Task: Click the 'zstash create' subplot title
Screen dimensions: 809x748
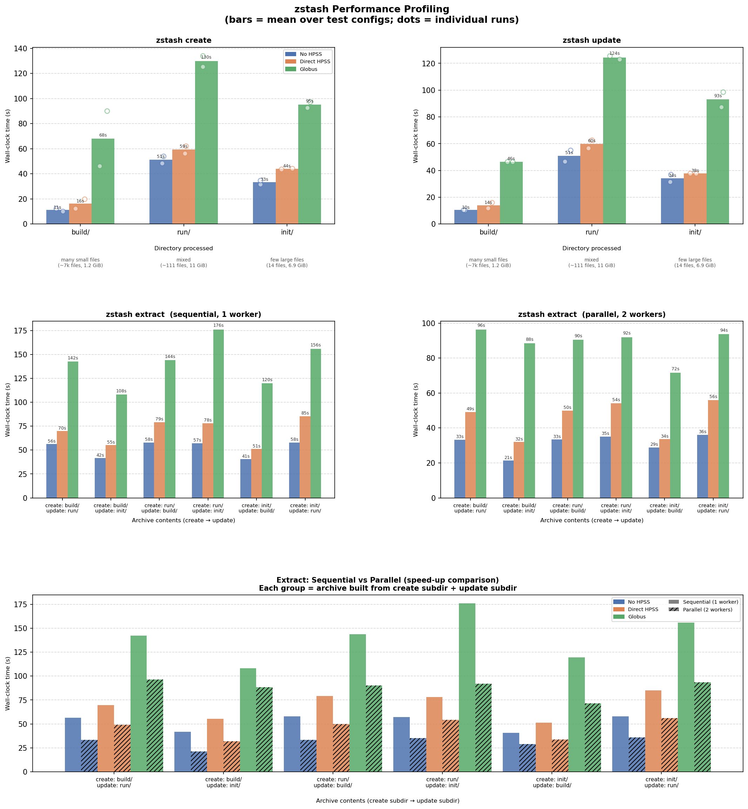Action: coord(183,40)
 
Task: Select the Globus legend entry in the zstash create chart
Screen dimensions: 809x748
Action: coord(308,69)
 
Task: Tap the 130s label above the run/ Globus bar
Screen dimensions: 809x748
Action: coord(206,58)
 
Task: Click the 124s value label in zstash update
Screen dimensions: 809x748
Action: coord(614,53)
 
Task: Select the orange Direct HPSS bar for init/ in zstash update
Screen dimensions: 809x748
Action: coord(695,199)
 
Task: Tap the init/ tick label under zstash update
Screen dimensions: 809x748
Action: coord(695,232)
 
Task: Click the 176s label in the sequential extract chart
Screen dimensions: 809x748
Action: coord(218,325)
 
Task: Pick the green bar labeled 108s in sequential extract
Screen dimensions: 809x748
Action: coord(121,446)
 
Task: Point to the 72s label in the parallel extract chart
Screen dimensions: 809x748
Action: coord(675,369)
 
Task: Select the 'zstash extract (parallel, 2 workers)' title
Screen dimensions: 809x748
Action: coord(592,314)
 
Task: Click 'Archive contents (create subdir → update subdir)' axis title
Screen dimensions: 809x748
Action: coord(387,801)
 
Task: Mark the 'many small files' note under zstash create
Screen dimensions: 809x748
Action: coord(80,260)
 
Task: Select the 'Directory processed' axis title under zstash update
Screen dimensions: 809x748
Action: coord(592,248)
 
